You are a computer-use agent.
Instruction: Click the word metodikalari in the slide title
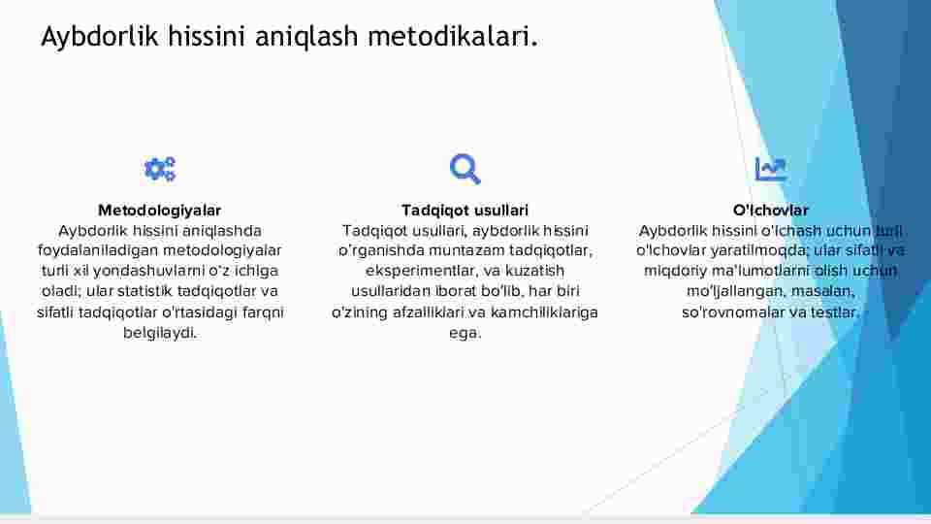[453, 36]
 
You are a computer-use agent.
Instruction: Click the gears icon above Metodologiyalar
[160, 169]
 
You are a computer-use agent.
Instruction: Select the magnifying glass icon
[465, 169]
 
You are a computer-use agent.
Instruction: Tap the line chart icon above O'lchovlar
[770, 169]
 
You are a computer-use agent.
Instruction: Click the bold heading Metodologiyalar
[160, 211]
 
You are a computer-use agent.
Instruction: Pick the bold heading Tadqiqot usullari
[465, 211]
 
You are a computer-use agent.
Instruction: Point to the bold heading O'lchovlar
[771, 211]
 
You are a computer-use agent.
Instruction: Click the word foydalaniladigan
[97, 250]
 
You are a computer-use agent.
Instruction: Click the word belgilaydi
[160, 333]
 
